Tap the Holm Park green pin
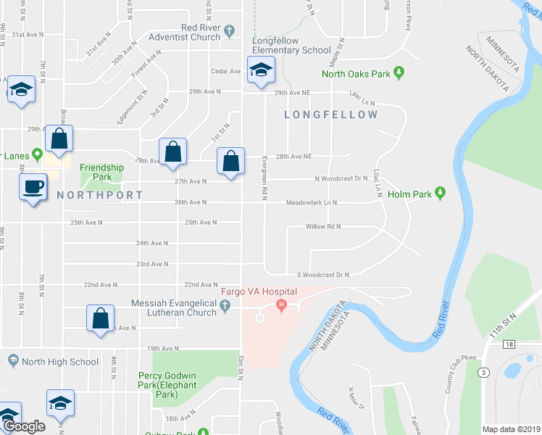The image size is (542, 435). [x=439, y=194]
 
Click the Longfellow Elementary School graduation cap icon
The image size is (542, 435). [x=260, y=70]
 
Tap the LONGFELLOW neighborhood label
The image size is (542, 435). [x=331, y=115]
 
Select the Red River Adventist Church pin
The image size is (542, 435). [x=230, y=30]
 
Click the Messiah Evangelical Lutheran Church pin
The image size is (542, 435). [x=225, y=307]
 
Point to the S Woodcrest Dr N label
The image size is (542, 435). [x=323, y=275]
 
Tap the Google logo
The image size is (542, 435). [x=24, y=426]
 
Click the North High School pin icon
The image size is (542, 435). [x=12, y=361]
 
